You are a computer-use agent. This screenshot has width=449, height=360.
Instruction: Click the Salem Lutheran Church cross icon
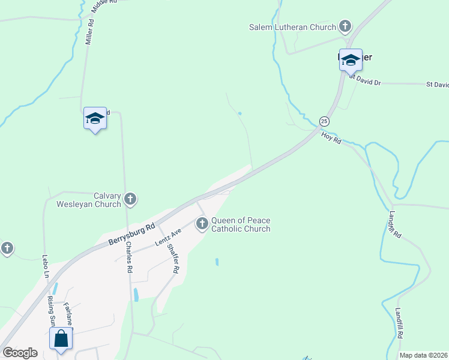click(x=345, y=26)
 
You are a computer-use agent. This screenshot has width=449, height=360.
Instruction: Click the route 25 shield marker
click(x=324, y=121)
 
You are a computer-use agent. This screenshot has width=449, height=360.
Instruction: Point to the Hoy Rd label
click(x=331, y=138)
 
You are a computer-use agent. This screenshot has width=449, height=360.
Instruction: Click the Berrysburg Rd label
click(x=132, y=233)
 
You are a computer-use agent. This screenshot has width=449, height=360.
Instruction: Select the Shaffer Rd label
click(x=173, y=260)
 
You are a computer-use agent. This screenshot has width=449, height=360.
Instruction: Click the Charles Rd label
click(x=128, y=259)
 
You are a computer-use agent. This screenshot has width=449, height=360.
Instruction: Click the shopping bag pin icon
click(x=61, y=338)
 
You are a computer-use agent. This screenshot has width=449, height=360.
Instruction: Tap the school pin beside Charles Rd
click(x=95, y=118)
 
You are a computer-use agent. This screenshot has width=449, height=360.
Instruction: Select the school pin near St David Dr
click(x=351, y=60)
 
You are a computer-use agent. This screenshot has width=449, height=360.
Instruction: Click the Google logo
click(x=20, y=353)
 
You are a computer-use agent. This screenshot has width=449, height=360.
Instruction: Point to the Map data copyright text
click(x=424, y=355)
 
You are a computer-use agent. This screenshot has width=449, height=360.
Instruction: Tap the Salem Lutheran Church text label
click(x=292, y=27)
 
